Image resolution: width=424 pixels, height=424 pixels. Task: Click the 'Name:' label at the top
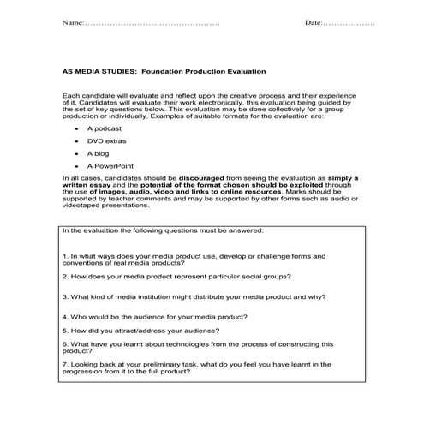pyautogui.click(x=74, y=22)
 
